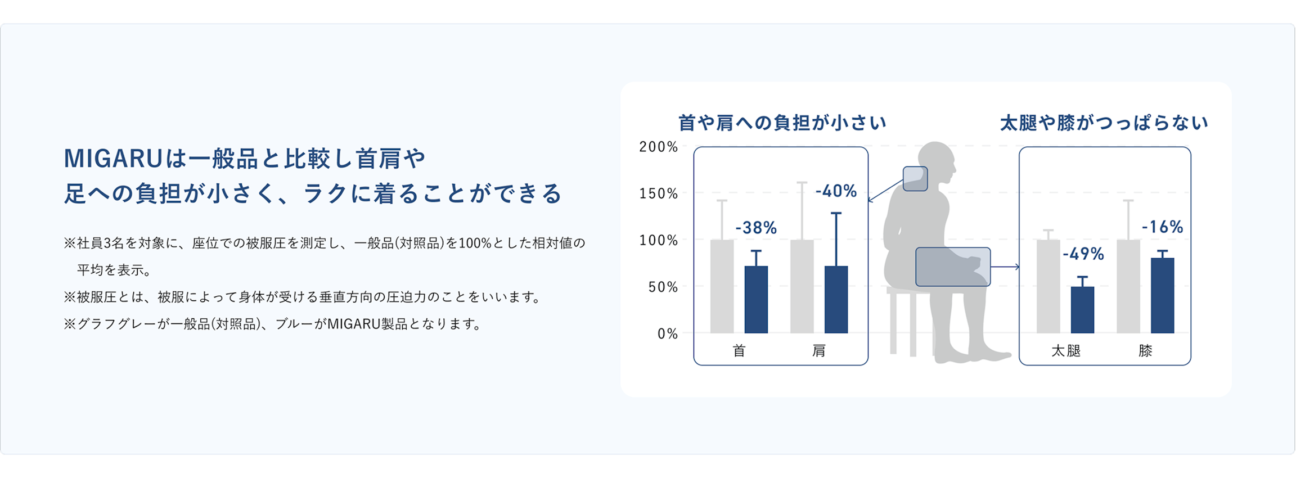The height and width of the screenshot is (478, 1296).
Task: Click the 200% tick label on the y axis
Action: (x=658, y=147)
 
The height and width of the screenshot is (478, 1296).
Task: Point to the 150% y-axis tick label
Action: (x=658, y=193)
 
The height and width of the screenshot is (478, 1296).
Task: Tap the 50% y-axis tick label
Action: (x=663, y=287)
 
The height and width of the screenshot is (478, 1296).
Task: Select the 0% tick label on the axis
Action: (x=668, y=334)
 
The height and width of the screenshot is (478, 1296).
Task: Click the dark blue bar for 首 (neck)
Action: (x=756, y=300)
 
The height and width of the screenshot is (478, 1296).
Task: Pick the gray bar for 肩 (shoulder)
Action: (x=802, y=287)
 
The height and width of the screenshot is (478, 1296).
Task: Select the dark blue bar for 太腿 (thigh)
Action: (x=1082, y=310)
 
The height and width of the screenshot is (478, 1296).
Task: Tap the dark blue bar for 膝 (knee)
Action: (x=1162, y=296)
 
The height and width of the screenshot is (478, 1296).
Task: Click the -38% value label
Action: (x=756, y=228)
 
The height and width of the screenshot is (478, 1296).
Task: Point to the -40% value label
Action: (x=836, y=191)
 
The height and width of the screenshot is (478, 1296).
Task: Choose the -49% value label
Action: (x=1083, y=254)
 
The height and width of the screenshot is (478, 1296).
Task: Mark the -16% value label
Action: (x=1162, y=227)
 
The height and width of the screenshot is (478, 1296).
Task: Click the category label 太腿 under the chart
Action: (x=1066, y=351)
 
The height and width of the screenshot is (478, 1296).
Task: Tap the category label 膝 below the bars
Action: (x=1145, y=351)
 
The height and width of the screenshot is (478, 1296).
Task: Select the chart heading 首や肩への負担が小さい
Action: (x=782, y=123)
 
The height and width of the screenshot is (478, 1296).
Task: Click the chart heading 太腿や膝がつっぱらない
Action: (x=1104, y=123)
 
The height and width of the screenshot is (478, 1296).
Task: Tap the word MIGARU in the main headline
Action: (x=113, y=159)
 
